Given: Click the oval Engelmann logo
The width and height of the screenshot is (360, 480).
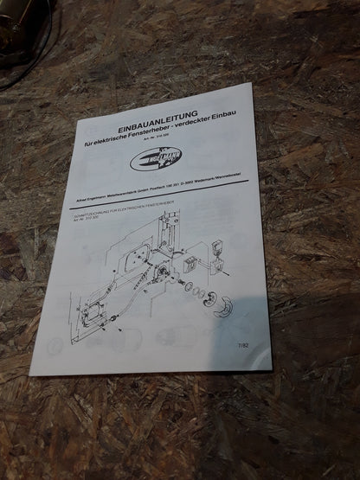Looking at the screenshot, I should [x=156, y=159].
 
